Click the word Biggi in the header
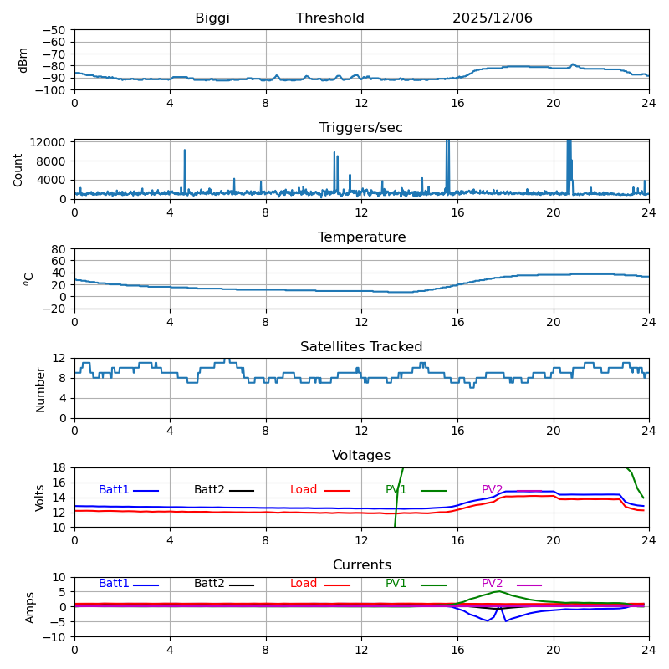(212, 18)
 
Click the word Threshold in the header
(329, 18)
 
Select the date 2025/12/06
(492, 18)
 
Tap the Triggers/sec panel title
(361, 128)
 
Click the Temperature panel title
(361, 237)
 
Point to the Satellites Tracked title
(361, 347)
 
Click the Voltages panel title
(361, 456)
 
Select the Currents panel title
(361, 565)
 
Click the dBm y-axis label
(23, 59)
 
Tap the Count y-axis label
(18, 169)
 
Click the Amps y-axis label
(31, 607)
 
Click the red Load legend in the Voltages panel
(304, 490)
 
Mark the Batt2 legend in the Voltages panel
(209, 490)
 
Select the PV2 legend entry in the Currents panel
(493, 584)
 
